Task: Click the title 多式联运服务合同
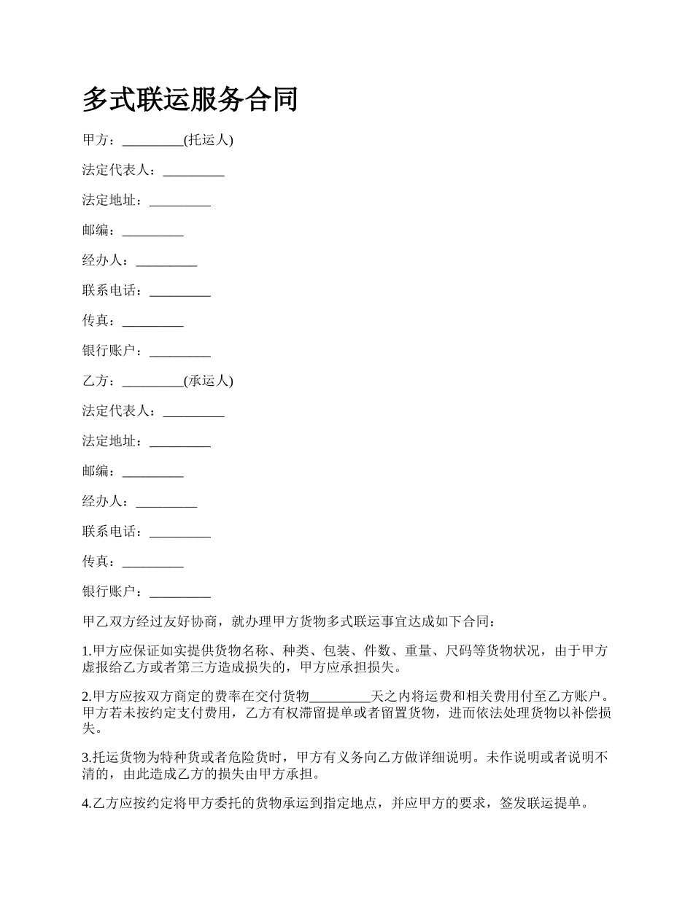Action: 190,99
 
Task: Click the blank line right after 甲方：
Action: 152,140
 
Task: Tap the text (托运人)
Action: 208,140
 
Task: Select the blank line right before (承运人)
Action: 152,381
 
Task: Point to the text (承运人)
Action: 208,381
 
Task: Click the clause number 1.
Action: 85,651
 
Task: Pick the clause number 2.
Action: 85,695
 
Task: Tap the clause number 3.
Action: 85,758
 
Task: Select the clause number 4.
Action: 85,804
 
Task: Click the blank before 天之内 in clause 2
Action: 340,695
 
